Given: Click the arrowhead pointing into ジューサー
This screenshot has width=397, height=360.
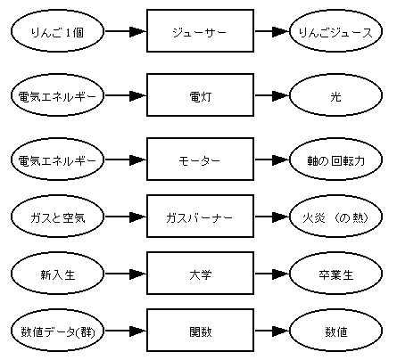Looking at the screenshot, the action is (x=138, y=31).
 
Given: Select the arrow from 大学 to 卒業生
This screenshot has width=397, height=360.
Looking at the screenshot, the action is (x=272, y=274).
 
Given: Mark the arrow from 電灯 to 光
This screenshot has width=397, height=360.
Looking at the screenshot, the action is (x=272, y=95).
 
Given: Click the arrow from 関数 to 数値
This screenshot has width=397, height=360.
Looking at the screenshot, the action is (x=272, y=331).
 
